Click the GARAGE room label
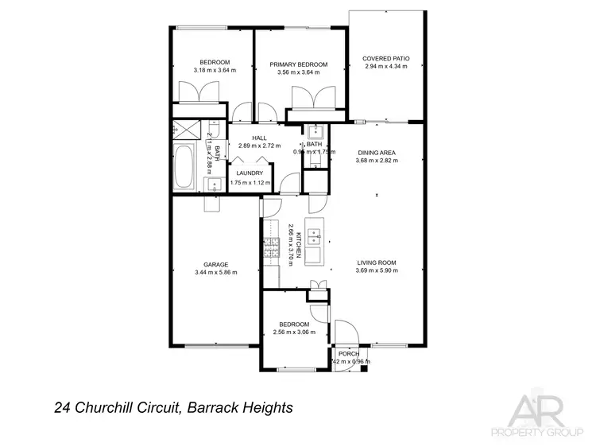(215, 264)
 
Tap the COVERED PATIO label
(385, 58)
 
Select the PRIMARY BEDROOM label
(298, 64)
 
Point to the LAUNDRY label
(250, 174)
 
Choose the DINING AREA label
(377, 152)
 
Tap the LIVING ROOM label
(377, 262)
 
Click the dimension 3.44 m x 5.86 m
(215, 273)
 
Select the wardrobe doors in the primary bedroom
(315, 99)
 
